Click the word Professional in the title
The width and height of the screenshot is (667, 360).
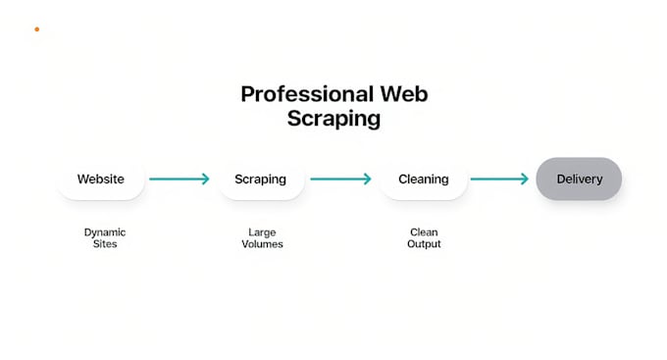click(306, 95)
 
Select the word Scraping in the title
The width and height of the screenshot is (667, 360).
click(333, 120)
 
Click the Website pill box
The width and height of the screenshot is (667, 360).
click(101, 180)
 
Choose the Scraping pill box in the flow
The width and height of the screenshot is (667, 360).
click(260, 180)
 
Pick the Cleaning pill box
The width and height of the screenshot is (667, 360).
click(423, 180)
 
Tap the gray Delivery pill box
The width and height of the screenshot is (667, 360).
click(579, 180)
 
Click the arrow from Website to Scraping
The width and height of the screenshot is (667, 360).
click(180, 180)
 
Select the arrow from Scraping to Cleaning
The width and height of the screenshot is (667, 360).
click(340, 180)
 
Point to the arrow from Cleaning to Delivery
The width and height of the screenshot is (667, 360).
click(499, 180)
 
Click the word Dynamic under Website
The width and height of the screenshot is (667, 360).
click(105, 232)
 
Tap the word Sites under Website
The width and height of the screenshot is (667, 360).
click(105, 243)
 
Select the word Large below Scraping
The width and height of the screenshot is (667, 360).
click(262, 232)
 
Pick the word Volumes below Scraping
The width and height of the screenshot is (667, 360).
click(262, 243)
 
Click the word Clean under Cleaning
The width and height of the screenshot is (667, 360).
click(424, 232)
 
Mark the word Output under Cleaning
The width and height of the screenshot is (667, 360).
click(424, 243)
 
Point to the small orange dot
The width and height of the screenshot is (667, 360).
click(37, 29)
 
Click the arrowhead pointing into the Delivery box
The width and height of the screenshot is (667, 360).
click(525, 180)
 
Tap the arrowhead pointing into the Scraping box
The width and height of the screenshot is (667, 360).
click(205, 180)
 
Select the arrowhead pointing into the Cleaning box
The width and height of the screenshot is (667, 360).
click(367, 180)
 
